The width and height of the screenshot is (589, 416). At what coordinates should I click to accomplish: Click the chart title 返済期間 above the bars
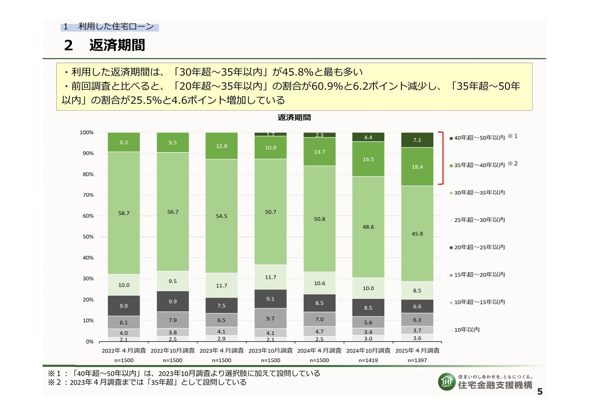pyautogui.click(x=294, y=117)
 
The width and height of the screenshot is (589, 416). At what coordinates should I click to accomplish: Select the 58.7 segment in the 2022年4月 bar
pyautogui.click(x=124, y=213)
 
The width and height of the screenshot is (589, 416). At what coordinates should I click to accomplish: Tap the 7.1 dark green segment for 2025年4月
pyautogui.click(x=417, y=140)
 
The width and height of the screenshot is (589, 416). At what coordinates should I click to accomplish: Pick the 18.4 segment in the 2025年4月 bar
pyautogui.click(x=417, y=167)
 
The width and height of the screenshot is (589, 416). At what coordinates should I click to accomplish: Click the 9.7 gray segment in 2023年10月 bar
pyautogui.click(x=270, y=319)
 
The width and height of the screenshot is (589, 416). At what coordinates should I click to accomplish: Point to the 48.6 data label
pyautogui.click(x=368, y=227)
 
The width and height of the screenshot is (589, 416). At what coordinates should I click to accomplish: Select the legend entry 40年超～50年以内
pyautogui.click(x=479, y=138)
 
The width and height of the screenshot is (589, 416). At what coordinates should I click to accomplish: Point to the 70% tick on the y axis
pyautogui.click(x=88, y=195)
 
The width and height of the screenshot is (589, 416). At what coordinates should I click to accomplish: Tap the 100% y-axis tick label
pyautogui.click(x=87, y=133)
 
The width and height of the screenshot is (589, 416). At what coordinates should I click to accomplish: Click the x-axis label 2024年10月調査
pyautogui.click(x=368, y=350)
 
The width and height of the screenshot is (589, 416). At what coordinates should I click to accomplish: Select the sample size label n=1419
pyautogui.click(x=368, y=360)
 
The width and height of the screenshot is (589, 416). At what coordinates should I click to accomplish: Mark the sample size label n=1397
pyautogui.click(x=417, y=360)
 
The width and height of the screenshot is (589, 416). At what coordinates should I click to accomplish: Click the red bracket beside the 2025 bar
pyautogui.click(x=442, y=158)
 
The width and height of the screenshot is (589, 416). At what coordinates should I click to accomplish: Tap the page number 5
pyautogui.click(x=540, y=392)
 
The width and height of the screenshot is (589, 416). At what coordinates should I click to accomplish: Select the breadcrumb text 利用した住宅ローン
pyautogui.click(x=116, y=26)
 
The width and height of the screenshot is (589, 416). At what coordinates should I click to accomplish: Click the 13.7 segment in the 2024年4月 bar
pyautogui.click(x=319, y=152)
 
